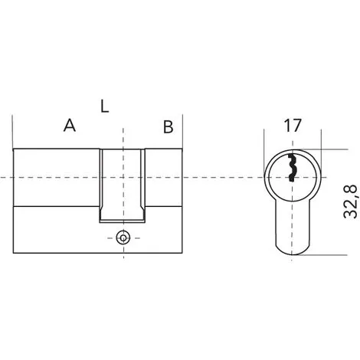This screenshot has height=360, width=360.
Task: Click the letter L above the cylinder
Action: tap(104, 106)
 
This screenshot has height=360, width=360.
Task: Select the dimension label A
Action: tap(70, 125)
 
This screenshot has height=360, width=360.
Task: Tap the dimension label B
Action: tap(169, 126)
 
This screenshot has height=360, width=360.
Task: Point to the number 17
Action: tap(293, 126)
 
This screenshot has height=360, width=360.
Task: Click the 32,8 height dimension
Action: tap(351, 201)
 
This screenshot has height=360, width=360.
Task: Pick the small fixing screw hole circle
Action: tap(123, 238)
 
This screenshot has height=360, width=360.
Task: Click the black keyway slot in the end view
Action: tap(292, 167)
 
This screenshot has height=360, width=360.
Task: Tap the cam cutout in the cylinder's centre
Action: tap(123, 185)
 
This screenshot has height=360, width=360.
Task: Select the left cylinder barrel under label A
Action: tap(56, 177)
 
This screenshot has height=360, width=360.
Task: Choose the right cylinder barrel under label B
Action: tap(164, 177)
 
